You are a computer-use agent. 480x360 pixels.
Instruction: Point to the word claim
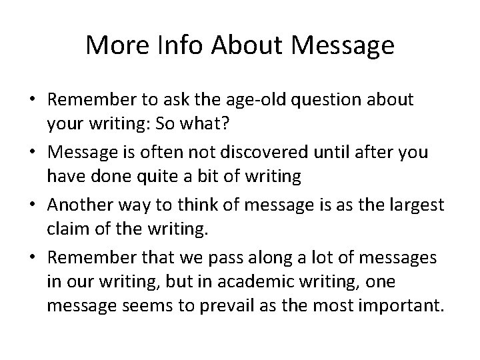(x=65, y=229)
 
